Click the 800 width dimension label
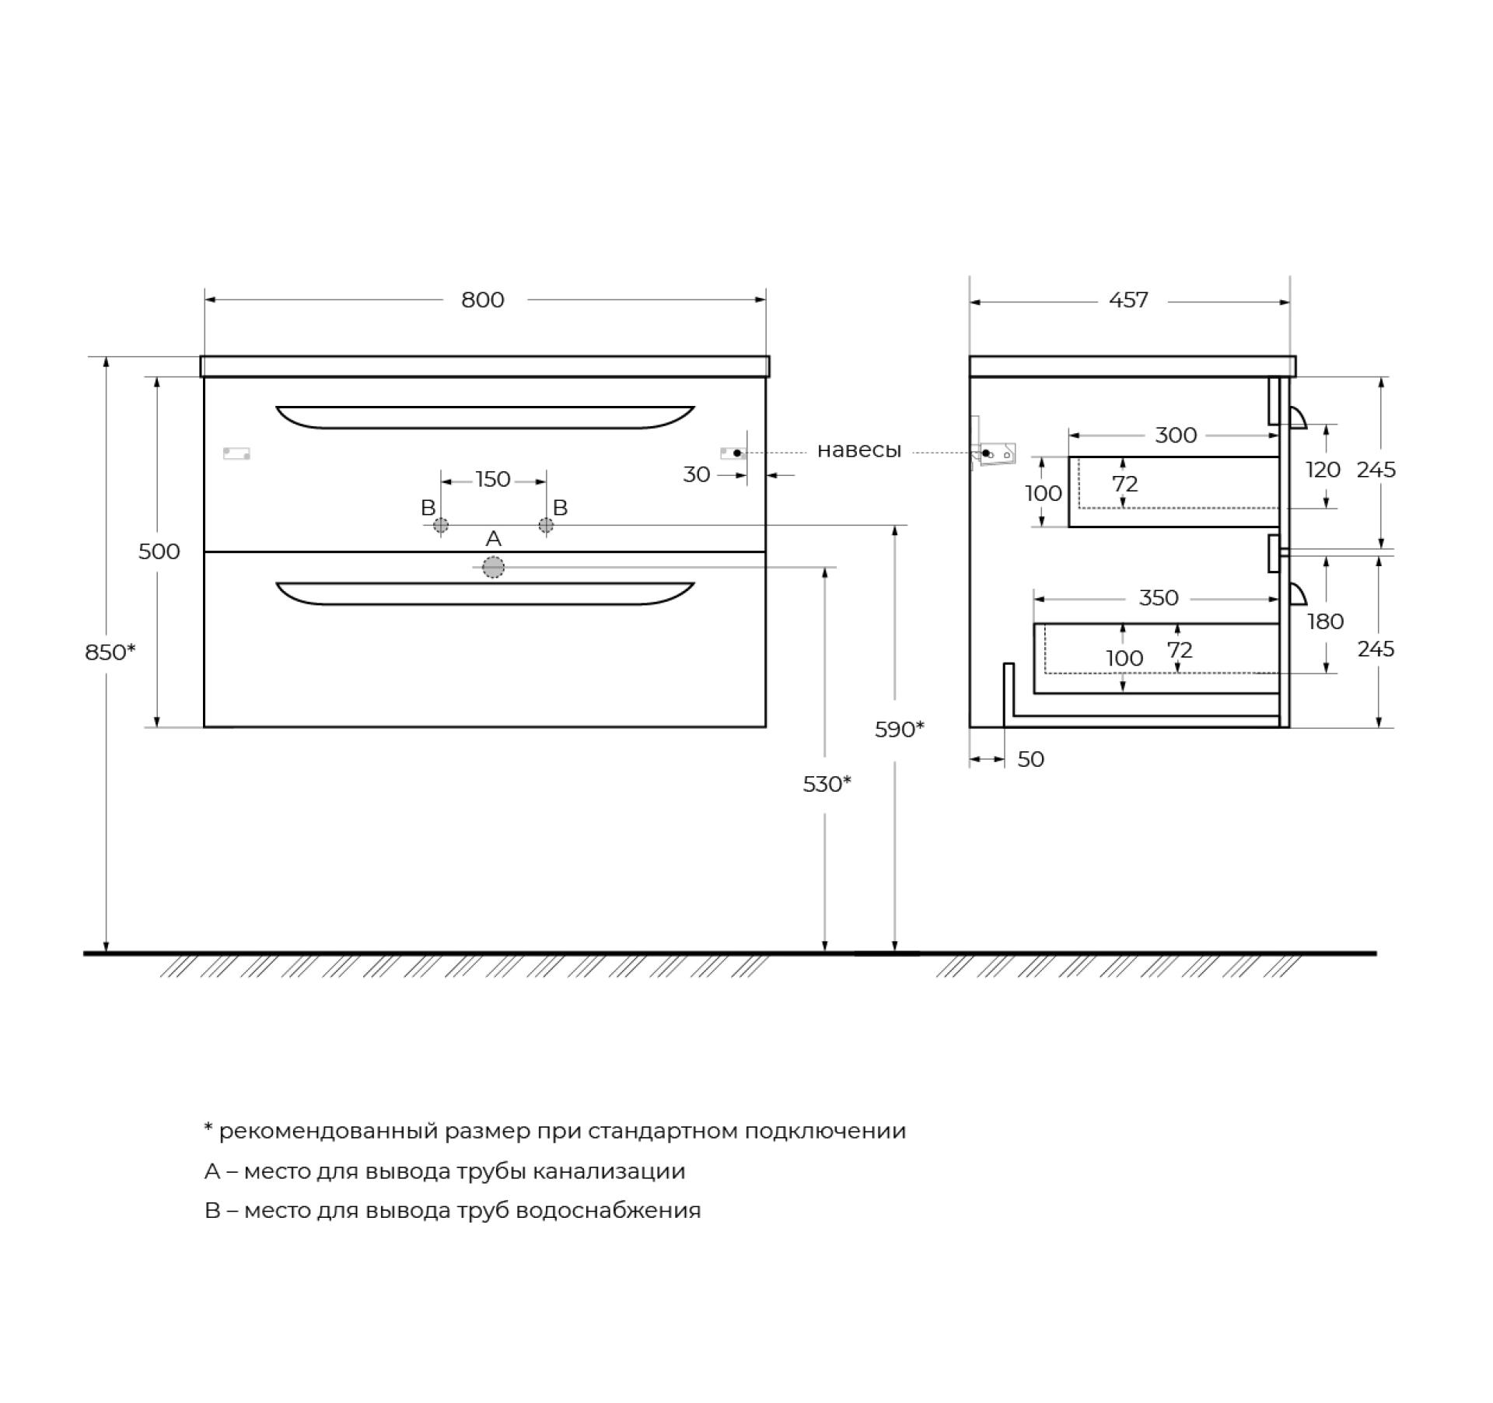click(483, 300)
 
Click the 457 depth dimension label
click(1128, 300)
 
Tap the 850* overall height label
click(110, 652)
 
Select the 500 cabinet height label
click(159, 551)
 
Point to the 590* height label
click(900, 729)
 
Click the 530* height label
click(827, 784)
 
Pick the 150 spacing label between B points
click(493, 479)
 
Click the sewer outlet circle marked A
click(493, 568)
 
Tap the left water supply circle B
click(441, 526)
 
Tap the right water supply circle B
click(546, 526)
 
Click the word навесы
click(859, 450)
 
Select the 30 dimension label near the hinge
click(697, 474)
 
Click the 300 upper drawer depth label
click(1176, 436)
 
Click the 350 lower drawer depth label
click(1159, 598)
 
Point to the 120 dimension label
click(1323, 470)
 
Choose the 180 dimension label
click(1326, 621)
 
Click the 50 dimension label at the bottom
click(1031, 759)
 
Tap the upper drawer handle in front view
click(485, 417)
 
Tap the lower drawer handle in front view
click(485, 593)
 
